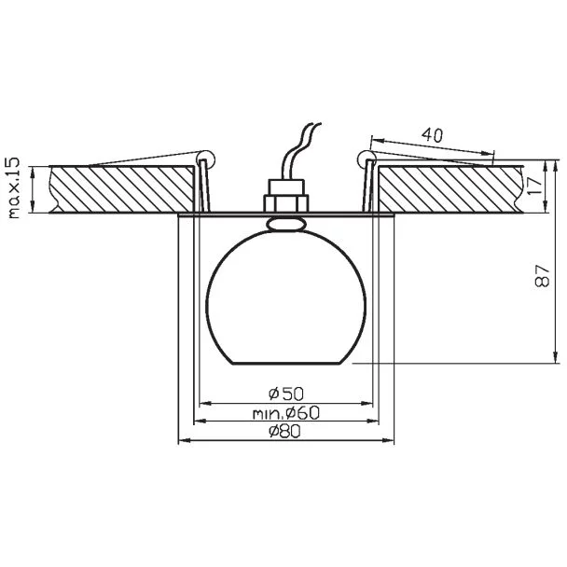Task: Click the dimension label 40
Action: [432, 135]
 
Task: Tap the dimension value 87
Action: [542, 275]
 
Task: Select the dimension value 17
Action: [535, 186]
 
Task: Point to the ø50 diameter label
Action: [286, 394]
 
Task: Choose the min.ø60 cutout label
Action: [285, 412]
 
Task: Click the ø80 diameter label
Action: [284, 431]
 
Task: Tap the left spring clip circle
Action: [205, 159]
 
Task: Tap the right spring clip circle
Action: [366, 159]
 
